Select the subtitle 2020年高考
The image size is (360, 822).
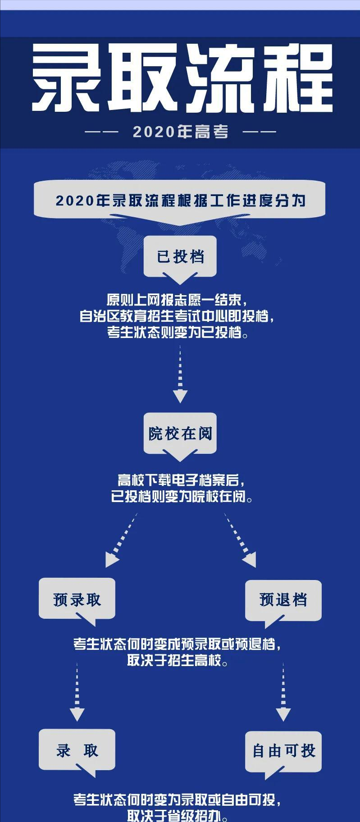pos(180,132)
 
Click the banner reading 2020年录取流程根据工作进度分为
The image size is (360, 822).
pos(180,201)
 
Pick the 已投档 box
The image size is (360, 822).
pos(180,257)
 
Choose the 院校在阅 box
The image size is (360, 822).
pos(180,434)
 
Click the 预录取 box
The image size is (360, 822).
pos(77,599)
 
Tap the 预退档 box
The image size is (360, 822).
pos(283,599)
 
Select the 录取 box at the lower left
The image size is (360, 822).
pos(77,751)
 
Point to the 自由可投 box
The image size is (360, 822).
pos(283,751)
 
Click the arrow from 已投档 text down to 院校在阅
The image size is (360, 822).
pos(180,374)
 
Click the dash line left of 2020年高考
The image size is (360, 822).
pos(101,132)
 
